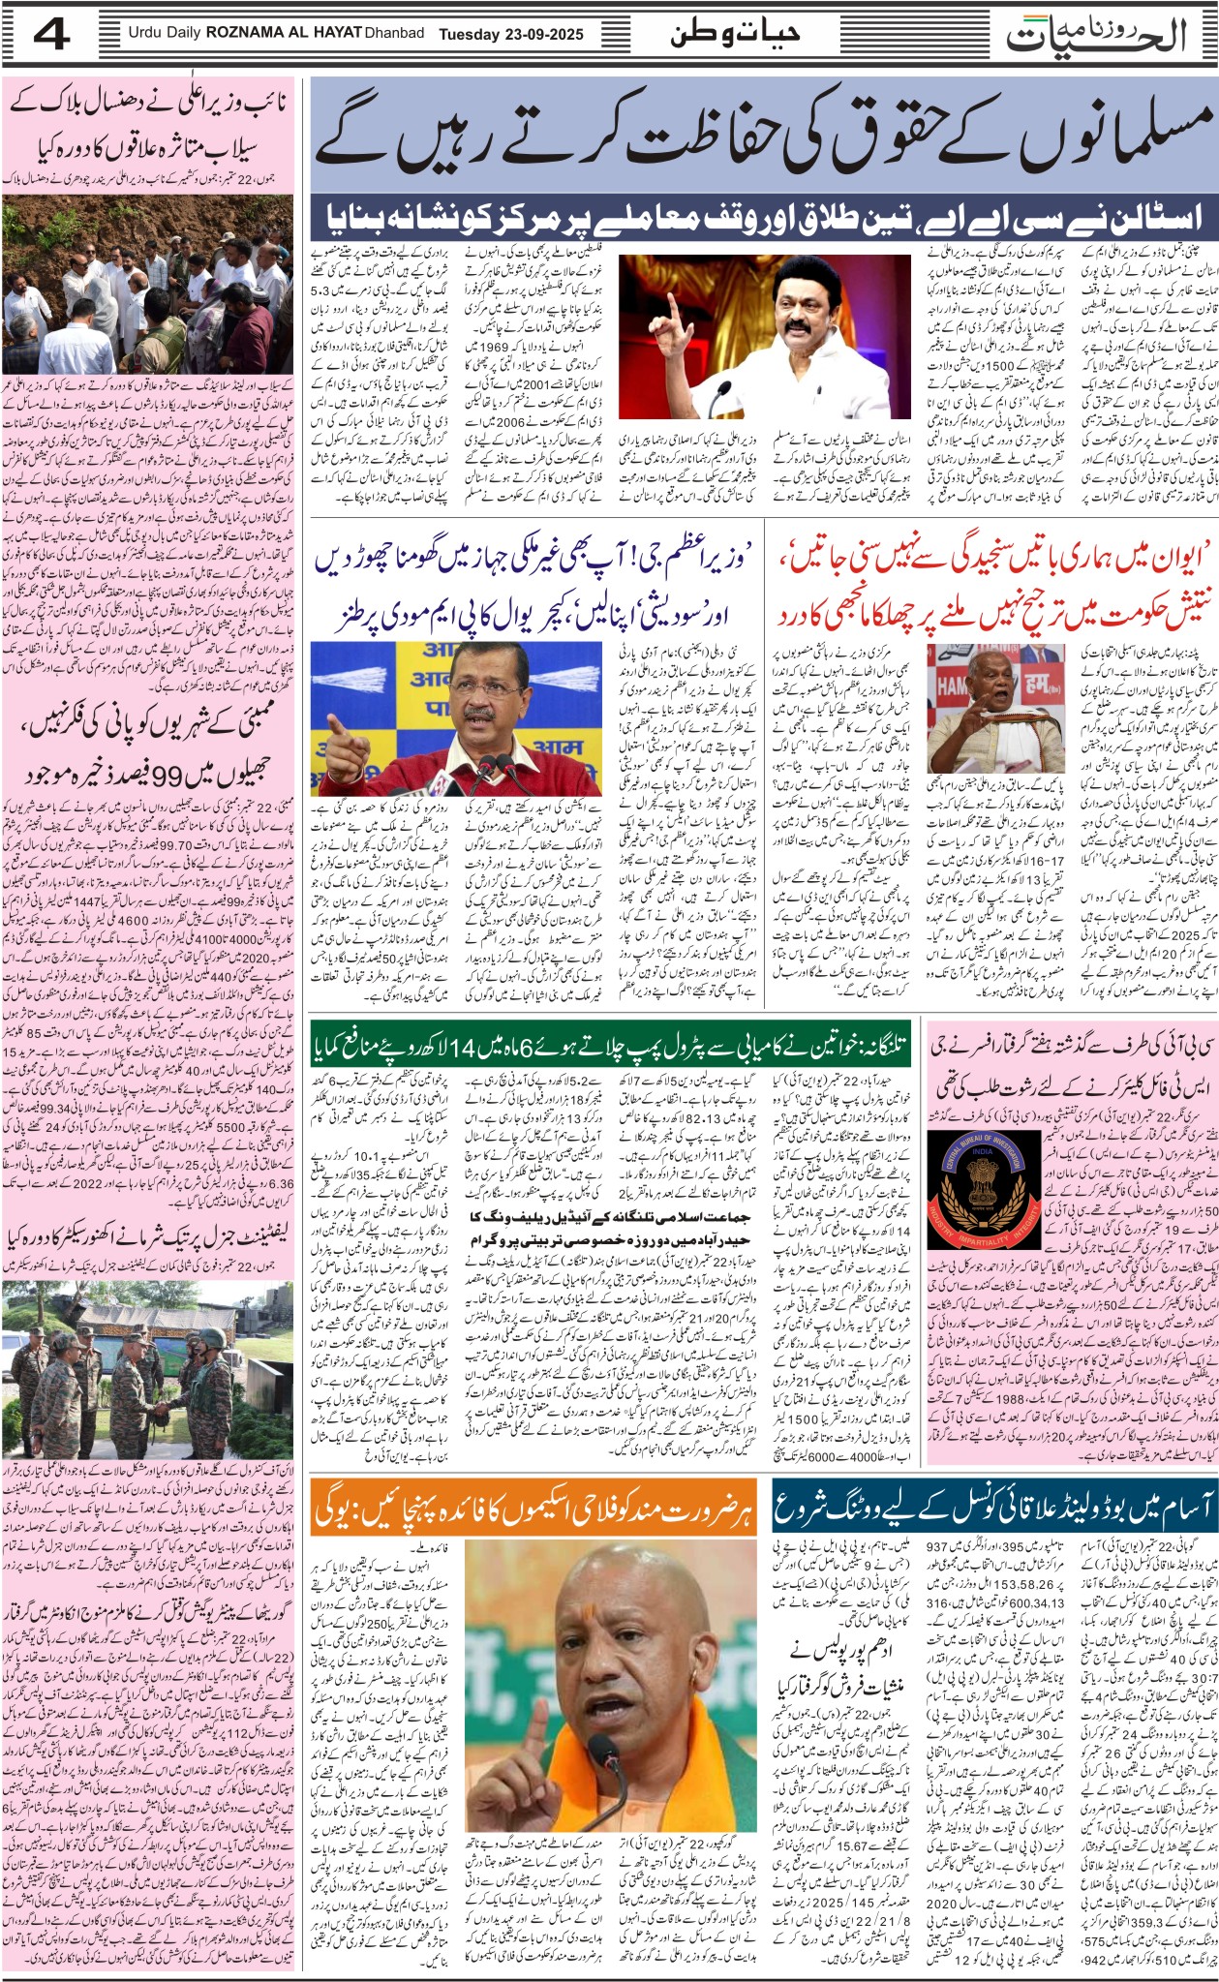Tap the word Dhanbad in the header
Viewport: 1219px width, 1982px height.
pos(394,34)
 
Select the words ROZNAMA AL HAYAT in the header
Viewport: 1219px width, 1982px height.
pos(285,34)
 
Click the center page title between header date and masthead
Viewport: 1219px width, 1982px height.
pos(736,34)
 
